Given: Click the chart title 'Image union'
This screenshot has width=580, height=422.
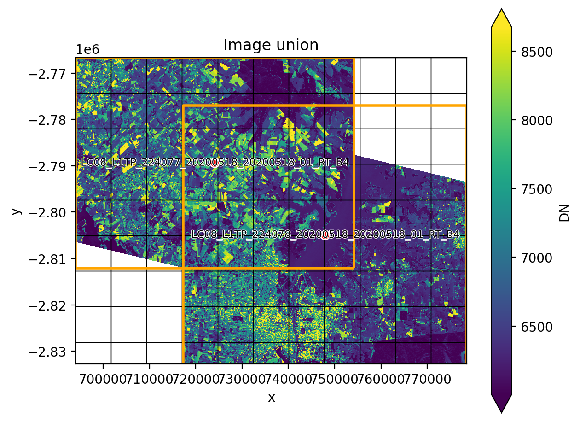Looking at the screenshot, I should pos(271,45).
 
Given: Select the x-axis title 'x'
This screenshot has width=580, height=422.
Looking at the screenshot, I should pos(272,397).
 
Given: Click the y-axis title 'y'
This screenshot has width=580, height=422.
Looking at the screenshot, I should pos(17,211).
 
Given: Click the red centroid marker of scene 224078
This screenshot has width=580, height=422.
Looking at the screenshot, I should pos(325,235).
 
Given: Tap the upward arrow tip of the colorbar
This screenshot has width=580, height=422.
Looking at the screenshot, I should pos(501,11).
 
